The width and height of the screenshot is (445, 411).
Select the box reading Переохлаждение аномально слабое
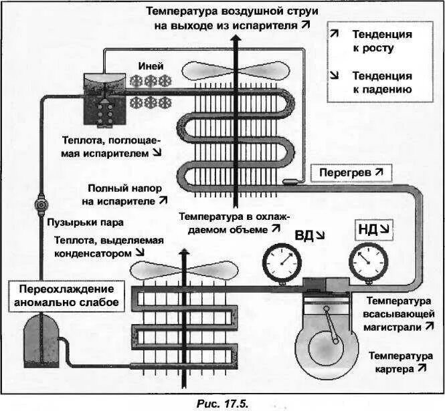64,296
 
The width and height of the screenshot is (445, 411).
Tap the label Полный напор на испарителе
124,194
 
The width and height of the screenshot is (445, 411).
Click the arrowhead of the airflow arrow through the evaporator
235,39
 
